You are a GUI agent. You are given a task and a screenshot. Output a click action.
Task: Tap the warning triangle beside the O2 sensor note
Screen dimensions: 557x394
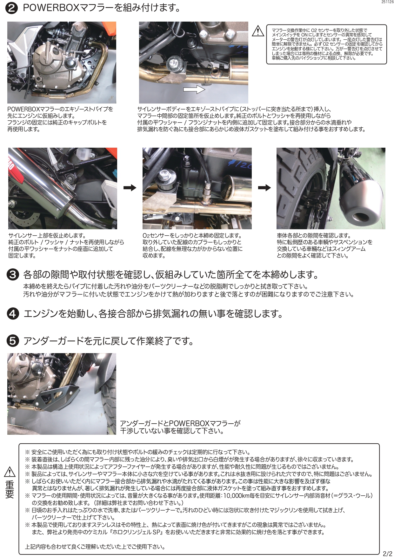pyautogui.click(x=258, y=31)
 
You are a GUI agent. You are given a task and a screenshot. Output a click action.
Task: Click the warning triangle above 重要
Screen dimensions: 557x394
pyautogui.click(x=10, y=472)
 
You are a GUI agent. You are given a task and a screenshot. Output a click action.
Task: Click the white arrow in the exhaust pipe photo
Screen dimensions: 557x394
pyautogui.click(x=194, y=90)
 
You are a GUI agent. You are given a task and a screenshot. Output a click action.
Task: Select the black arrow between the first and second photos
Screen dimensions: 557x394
pyautogui.click(x=130, y=188)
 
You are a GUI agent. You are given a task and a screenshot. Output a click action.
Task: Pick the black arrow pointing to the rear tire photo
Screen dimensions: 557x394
pyautogui.click(x=264, y=188)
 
